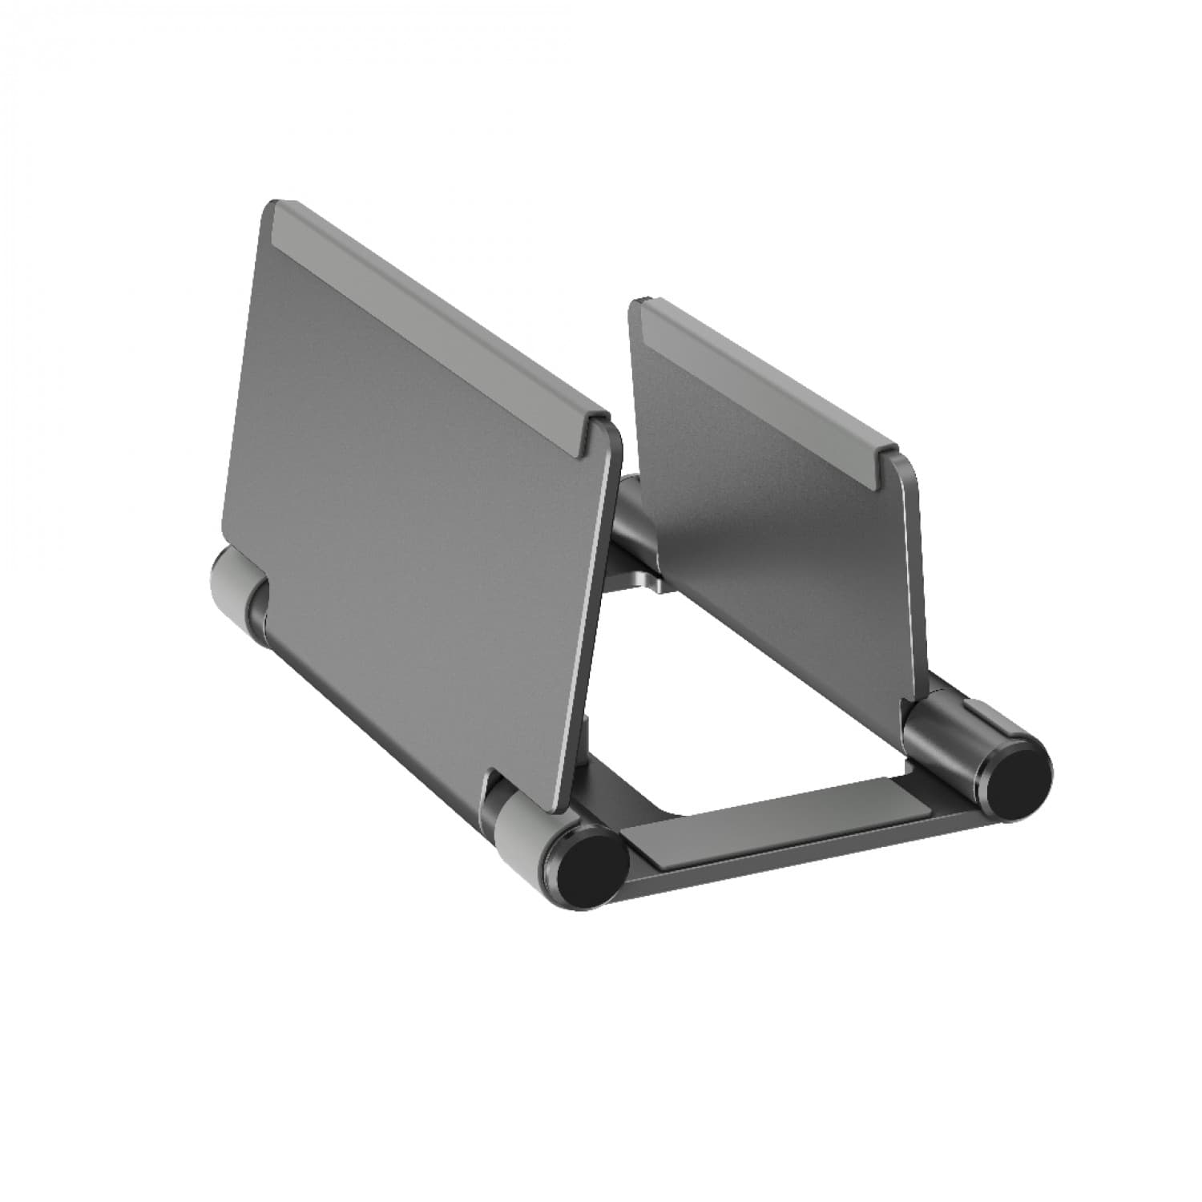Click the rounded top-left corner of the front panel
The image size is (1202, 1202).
[x=271, y=210]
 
